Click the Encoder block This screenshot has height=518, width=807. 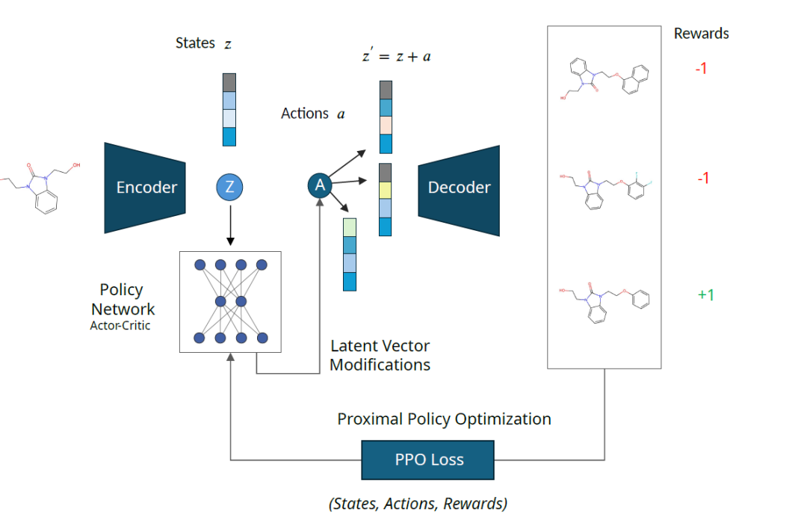pos(145,187)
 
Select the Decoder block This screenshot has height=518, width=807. pos(459,187)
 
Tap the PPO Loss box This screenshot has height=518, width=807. pos(428,460)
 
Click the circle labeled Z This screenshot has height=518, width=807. pos(229,187)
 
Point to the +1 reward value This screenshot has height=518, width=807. pos(705,295)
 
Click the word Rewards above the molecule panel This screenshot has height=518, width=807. pos(701,34)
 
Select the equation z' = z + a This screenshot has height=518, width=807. pos(396,56)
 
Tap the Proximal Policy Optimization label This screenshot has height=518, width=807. pos(444,419)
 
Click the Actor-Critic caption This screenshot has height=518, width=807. pos(120,326)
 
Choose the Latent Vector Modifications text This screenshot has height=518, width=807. pos(380,356)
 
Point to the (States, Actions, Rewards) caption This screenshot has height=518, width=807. pos(418,504)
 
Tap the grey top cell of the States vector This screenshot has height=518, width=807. pos(229,81)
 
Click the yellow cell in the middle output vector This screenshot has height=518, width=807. pos(385,191)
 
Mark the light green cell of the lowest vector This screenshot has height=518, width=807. pos(350,226)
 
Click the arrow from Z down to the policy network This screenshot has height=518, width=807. pos(230,224)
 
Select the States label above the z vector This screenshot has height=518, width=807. pos(195,43)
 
